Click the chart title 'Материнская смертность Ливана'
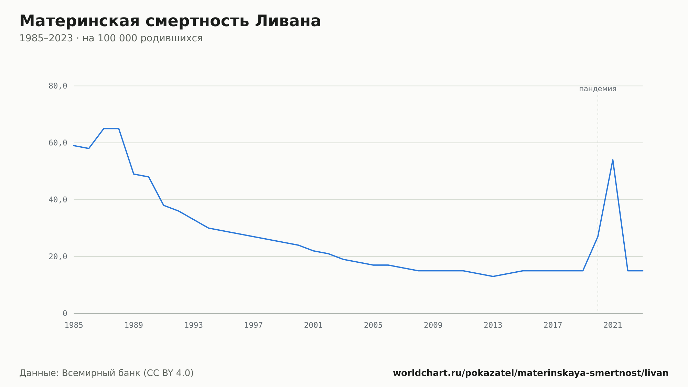tap(170, 21)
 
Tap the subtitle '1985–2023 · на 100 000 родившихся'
tap(111, 38)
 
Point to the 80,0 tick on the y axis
tap(58, 86)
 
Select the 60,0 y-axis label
tap(58, 143)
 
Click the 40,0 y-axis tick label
tap(58, 200)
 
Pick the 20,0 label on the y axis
tap(58, 257)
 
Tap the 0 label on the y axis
tap(65, 314)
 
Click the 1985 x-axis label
tap(74, 325)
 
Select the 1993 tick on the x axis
tap(194, 325)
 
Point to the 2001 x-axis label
tap(313, 325)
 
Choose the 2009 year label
tap(433, 325)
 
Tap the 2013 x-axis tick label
tap(493, 325)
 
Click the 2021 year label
tap(613, 325)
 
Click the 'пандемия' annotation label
tap(598, 89)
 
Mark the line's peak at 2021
tap(613, 160)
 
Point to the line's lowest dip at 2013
tap(493, 276)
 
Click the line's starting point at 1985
tap(74, 146)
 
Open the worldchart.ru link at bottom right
tap(531, 373)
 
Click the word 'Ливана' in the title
tap(288, 21)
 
